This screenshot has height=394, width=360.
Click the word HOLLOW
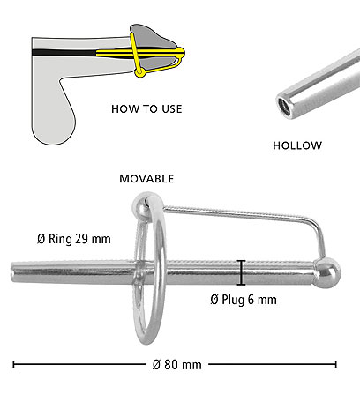click(x=297, y=145)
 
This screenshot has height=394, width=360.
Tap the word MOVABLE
click(x=146, y=179)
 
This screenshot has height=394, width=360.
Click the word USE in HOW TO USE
click(x=172, y=109)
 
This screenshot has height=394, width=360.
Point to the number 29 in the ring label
click(x=81, y=239)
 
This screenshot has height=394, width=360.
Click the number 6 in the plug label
click(x=251, y=300)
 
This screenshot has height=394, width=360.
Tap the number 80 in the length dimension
click(x=171, y=365)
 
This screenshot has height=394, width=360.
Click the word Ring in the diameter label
click(x=60, y=239)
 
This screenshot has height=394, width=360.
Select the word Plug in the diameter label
click(x=233, y=300)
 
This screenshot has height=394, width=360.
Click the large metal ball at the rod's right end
click(x=327, y=272)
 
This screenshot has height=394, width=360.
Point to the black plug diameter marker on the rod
click(x=241, y=272)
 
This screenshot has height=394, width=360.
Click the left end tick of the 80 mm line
click(x=13, y=364)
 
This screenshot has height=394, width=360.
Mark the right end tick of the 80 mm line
click(x=335, y=364)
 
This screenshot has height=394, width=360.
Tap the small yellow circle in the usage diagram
click(x=140, y=72)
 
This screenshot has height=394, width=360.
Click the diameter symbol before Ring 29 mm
click(x=41, y=239)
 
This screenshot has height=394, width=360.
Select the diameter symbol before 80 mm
click(x=157, y=365)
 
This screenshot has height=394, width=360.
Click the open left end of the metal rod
click(x=13, y=272)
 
